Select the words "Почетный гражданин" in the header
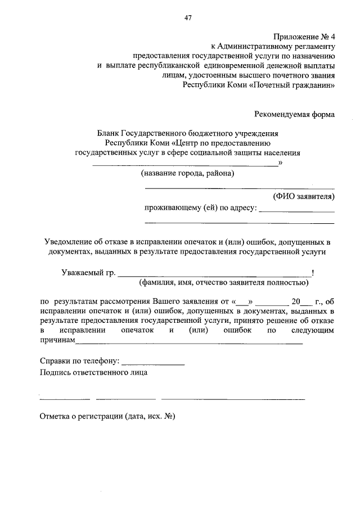tap(299, 86)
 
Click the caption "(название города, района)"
tap(187, 173)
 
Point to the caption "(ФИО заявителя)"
tap(304, 196)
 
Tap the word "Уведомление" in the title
tap(70, 242)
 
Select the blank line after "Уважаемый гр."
tap(214, 275)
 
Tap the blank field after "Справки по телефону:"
tap(153, 364)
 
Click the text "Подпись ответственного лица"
tap(93, 373)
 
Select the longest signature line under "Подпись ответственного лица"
tap(233, 399)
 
